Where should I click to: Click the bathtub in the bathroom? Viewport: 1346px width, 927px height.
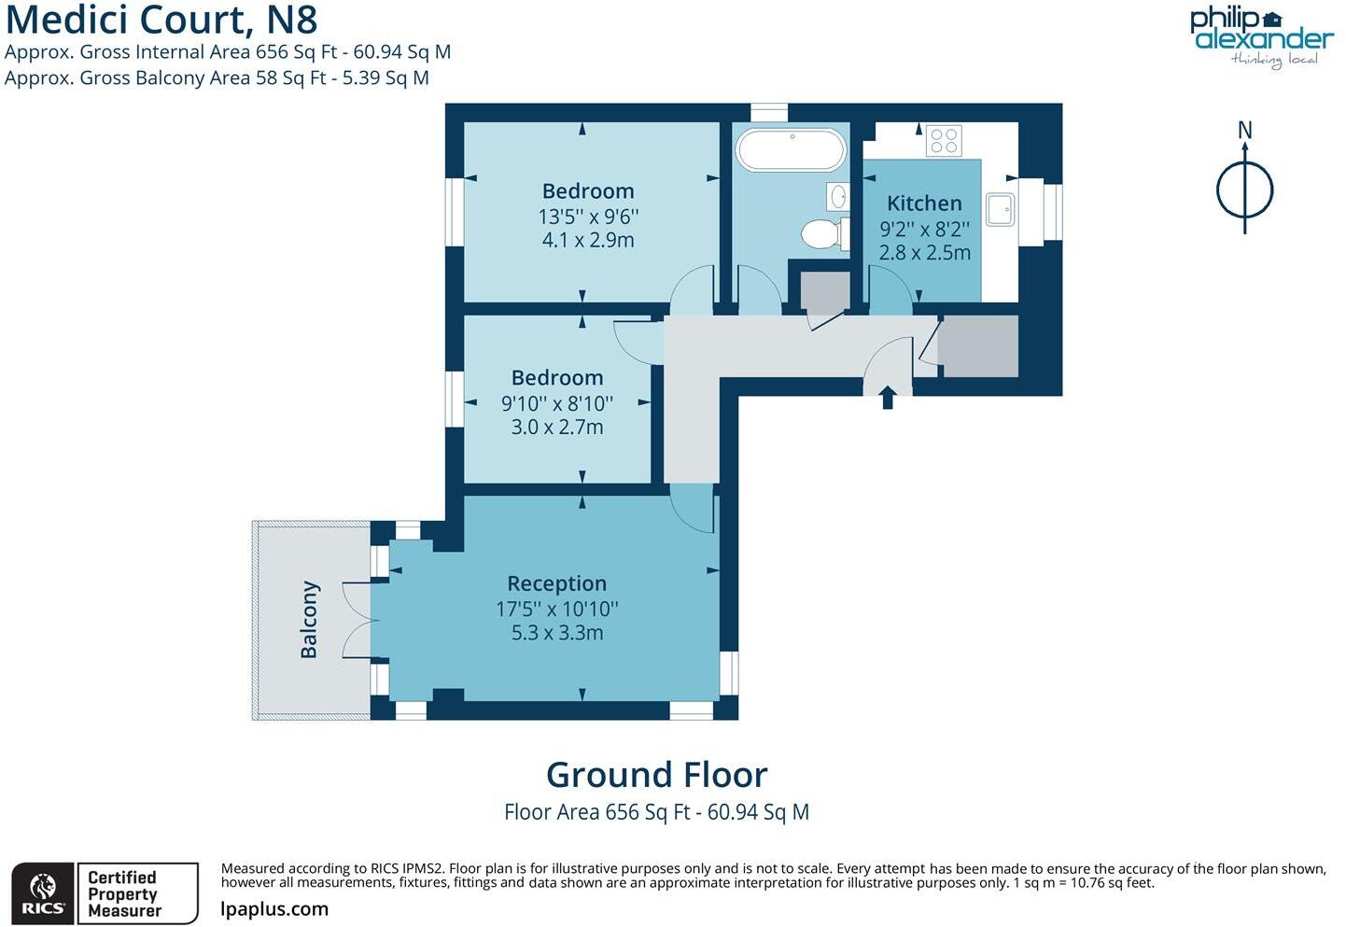coord(791,149)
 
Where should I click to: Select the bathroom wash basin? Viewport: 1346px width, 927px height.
coord(837,197)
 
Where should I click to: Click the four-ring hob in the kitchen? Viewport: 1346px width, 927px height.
coord(944,141)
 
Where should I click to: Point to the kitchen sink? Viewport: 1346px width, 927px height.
coord(1000,209)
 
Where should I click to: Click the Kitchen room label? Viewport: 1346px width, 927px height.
coord(924,204)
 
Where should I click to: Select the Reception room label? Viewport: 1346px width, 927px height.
coord(557,583)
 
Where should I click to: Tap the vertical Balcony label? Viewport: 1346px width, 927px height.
coord(309,620)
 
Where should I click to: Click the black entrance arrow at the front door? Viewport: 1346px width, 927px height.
coord(888,398)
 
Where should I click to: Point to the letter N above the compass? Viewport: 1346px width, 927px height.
coord(1244,131)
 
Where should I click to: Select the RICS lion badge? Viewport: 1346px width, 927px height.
coord(43,894)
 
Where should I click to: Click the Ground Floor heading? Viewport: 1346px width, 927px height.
coord(656,775)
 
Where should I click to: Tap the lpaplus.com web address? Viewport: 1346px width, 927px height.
coord(274,909)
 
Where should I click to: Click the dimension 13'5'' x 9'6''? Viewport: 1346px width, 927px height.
coord(588,217)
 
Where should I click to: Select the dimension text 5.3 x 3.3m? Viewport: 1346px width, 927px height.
coord(557,633)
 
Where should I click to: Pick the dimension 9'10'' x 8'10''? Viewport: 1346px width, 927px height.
coord(557,403)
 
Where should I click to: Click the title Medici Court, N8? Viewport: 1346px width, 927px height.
coord(161,19)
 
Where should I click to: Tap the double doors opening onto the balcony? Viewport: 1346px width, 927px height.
coord(358,620)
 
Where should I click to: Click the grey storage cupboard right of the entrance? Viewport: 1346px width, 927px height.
coord(977,346)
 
